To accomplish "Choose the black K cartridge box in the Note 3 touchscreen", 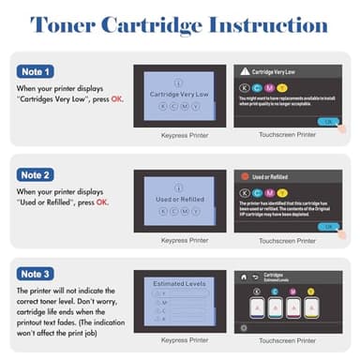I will [x=257, y=307].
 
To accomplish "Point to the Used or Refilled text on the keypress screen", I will [x=172, y=201].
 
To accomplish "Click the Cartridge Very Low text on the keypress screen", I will [x=172, y=94].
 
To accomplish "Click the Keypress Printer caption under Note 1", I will [x=172, y=135].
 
